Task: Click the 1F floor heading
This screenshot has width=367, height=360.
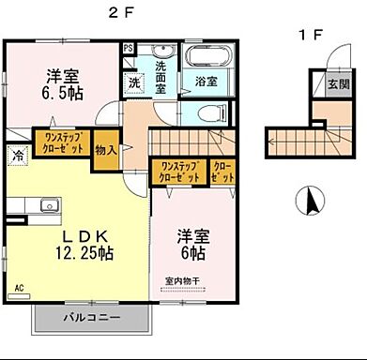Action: point(310,36)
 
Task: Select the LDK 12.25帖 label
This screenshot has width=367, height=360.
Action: point(77,242)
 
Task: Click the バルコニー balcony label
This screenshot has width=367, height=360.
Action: point(91,318)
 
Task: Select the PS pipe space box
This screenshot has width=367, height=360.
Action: point(128,47)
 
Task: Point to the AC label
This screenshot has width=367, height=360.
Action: point(18,289)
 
